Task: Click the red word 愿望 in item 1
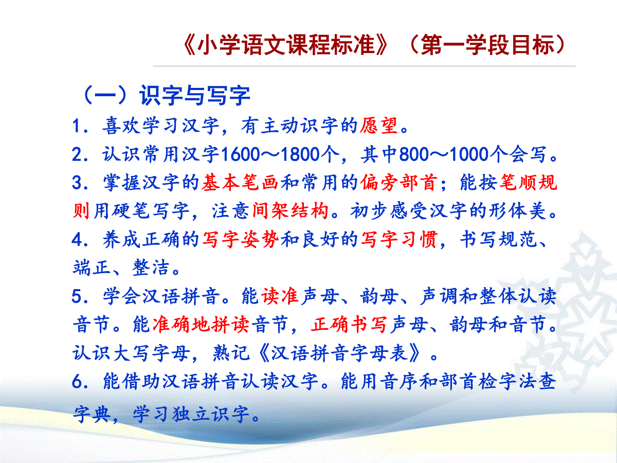pyautogui.click(x=379, y=126)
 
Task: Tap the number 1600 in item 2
pyautogui.click(x=241, y=154)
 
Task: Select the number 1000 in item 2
pyautogui.click(x=469, y=154)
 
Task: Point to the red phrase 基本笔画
pyautogui.click(x=240, y=183)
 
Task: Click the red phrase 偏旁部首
pyautogui.click(x=398, y=183)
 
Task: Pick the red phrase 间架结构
pyautogui.click(x=291, y=210)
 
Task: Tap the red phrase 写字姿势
pyautogui.click(x=240, y=240)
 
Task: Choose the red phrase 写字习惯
pyautogui.click(x=399, y=240)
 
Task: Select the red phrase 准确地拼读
pyautogui.click(x=201, y=324)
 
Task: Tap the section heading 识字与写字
pyautogui.click(x=194, y=95)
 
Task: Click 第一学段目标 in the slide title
pyautogui.click(x=487, y=45)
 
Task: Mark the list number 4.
pyautogui.click(x=77, y=240)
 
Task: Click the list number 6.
pyautogui.click(x=77, y=382)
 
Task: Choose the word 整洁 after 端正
pyautogui.click(x=151, y=268)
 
